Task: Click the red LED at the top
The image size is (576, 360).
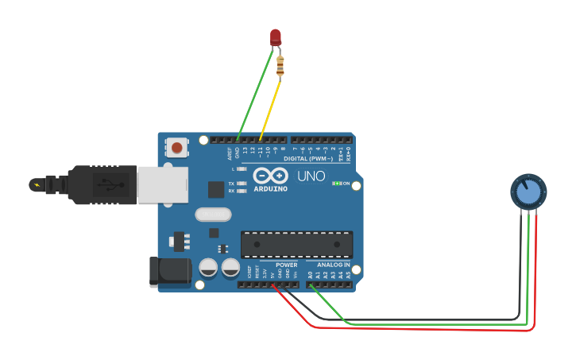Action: (276, 37)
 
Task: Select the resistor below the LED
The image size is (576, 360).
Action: (280, 67)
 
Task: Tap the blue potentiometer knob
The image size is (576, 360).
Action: (528, 192)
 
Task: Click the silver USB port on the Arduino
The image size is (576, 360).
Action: (163, 184)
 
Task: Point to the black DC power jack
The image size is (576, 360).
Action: (170, 273)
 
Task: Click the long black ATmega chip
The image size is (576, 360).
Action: (296, 244)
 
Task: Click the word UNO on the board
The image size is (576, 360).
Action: (311, 176)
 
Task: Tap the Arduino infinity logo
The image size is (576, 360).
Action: (271, 176)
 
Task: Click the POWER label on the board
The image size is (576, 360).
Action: (287, 265)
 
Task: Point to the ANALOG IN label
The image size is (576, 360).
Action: (334, 265)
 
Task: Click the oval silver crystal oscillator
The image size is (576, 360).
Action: (213, 215)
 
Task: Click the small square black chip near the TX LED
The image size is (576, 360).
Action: (215, 189)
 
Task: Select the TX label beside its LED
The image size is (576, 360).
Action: (231, 184)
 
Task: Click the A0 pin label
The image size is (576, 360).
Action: (310, 275)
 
